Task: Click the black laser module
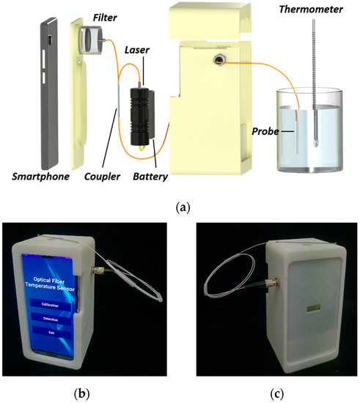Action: click(142, 114)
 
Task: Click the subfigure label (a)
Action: click(180, 207)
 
